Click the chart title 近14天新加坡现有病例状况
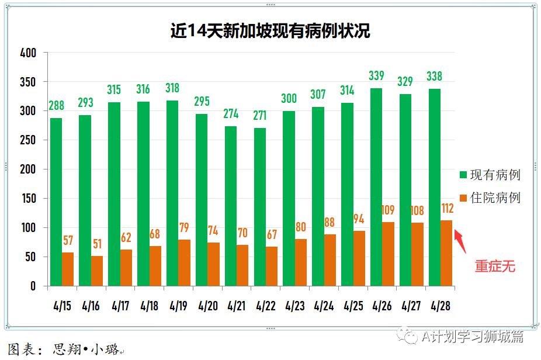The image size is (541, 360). point(270,30)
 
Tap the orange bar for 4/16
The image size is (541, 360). point(97,271)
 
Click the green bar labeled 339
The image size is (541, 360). point(376,187)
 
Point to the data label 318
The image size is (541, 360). point(172,89)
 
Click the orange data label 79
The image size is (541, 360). point(185,227)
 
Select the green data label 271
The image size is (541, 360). point(259,116)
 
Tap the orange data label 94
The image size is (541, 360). point(359,219)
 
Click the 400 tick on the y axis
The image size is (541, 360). point(28,53)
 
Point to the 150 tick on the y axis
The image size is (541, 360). point(28,199)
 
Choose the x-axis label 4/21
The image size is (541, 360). point(237,306)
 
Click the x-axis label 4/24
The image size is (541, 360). point(324,306)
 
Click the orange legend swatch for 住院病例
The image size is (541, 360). point(463,198)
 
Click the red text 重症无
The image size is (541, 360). point(495,266)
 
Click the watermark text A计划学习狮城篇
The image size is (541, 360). point(472,336)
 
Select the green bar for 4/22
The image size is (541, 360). point(260,207)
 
